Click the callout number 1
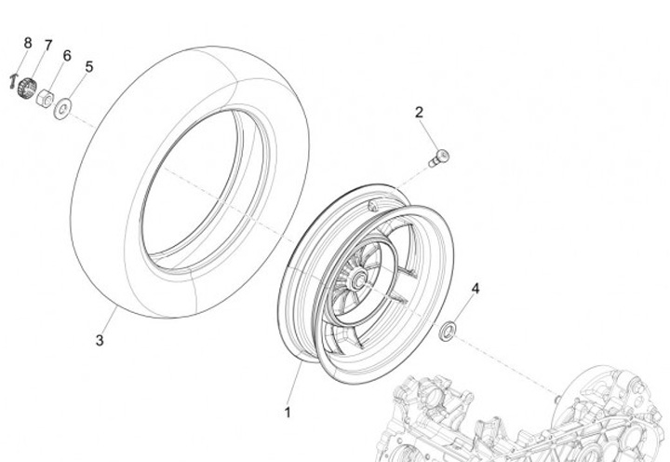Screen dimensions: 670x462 [x=288, y=412]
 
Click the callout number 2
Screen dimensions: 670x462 [x=419, y=113]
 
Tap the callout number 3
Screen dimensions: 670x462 [x=100, y=340]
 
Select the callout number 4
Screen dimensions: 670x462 [x=475, y=290]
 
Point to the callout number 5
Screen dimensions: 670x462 [x=88, y=67]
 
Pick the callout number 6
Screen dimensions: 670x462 [x=66, y=56]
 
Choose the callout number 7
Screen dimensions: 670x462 [x=47, y=47]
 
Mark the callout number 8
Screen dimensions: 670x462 [x=27, y=43]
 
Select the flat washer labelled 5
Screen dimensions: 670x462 [x=61, y=107]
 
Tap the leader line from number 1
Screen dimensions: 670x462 [x=295, y=387]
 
